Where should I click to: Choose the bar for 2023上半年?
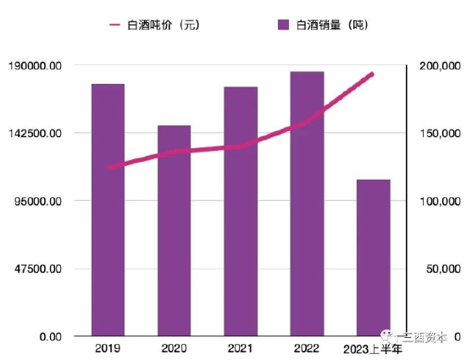point(373,258)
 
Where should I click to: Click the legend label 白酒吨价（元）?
point(162,25)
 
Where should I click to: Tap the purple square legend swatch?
point(284,25)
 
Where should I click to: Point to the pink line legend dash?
point(115,25)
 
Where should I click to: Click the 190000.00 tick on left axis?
point(34,65)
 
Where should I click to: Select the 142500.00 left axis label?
point(34,133)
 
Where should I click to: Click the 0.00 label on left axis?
point(47,336)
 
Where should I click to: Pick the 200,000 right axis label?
point(440,65)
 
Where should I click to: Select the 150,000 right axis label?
point(440,133)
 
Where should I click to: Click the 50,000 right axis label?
point(442,269)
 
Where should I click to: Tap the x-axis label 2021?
point(241,348)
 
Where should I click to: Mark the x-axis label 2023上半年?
point(373,349)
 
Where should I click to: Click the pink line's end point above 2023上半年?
point(373,74)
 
